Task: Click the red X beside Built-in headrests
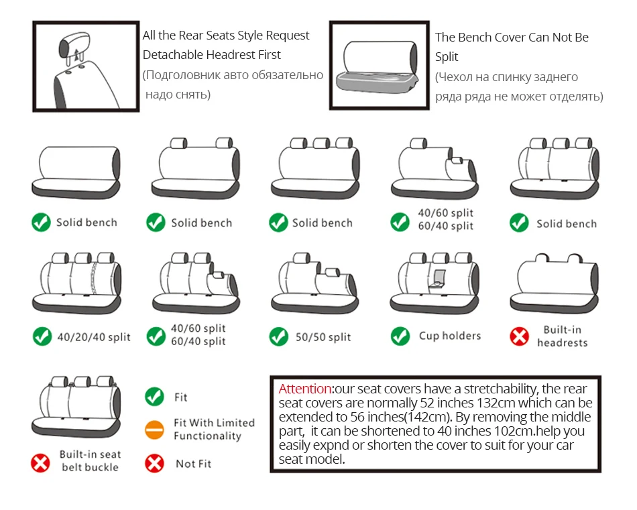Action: tap(520, 336)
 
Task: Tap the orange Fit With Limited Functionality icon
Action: tap(155, 429)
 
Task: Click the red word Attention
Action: tap(305, 389)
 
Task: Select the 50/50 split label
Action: tap(323, 336)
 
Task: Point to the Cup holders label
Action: tap(450, 335)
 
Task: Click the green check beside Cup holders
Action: tap(400, 336)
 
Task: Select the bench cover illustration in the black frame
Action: tap(378, 64)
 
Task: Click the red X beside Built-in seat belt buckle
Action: tap(41, 462)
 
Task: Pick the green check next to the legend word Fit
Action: tap(155, 397)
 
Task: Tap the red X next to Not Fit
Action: tap(155, 463)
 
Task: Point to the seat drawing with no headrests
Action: tap(77, 171)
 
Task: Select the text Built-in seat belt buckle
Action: tap(91, 460)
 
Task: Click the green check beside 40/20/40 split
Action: tap(42, 336)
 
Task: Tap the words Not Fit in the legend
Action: tap(194, 463)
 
